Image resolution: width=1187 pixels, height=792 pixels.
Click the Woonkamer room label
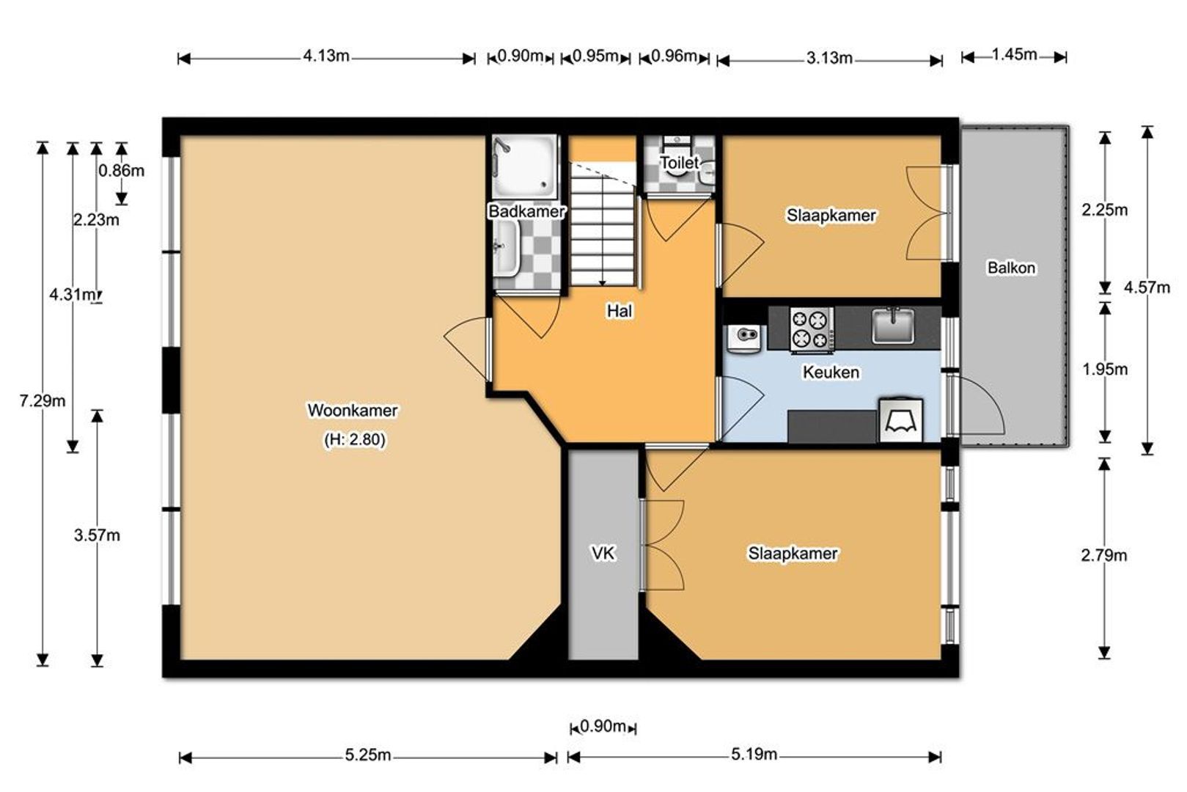coord(353,411)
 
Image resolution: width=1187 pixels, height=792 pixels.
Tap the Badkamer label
coord(526,211)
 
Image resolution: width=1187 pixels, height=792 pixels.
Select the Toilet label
coord(680,162)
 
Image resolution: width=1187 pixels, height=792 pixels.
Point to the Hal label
coord(620,311)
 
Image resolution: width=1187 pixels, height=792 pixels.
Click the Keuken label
coord(831,372)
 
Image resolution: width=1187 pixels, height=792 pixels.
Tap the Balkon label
coord(1011,268)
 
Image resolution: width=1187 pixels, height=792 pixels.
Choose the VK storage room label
coord(603,554)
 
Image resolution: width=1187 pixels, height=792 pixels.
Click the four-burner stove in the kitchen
coord(812,330)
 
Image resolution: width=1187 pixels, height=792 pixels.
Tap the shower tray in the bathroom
coord(525,166)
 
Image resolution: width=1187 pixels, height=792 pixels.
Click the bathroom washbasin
coord(506,248)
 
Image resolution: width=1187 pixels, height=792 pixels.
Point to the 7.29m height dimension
coord(43,401)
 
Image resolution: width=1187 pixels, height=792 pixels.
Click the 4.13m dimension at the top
coord(326,56)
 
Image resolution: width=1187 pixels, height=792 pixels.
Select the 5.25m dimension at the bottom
coord(368,755)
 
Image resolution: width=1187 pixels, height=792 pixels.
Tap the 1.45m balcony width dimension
coord(1014,54)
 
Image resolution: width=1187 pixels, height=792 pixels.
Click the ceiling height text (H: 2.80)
coord(355,439)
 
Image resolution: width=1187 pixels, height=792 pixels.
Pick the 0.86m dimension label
coord(122,171)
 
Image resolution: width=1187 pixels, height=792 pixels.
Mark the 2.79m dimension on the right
coord(1104,556)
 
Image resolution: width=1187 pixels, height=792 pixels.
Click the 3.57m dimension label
coord(97,535)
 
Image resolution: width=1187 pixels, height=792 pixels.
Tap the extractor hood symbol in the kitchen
coord(901,420)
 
